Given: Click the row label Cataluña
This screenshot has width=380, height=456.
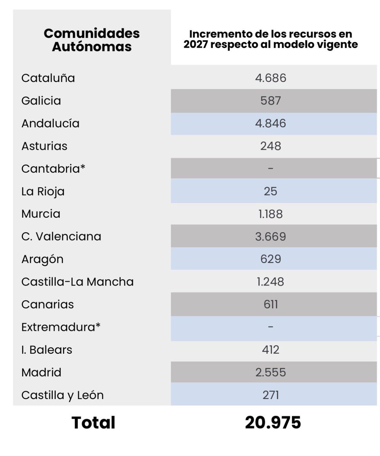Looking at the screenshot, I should (48, 78).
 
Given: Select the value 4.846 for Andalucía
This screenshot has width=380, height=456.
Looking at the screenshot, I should (270, 123).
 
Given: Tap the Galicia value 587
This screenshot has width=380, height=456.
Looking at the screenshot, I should (270, 101).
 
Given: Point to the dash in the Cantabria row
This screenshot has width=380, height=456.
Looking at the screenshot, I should (270, 168).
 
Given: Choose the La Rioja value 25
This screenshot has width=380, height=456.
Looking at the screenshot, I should (270, 191).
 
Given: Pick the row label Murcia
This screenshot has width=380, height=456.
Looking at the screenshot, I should (41, 214).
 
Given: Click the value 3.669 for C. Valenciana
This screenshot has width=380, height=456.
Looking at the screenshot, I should (270, 236).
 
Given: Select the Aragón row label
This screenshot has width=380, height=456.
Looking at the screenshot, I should (42, 259).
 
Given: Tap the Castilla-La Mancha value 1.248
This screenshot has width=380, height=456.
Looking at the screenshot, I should (270, 282).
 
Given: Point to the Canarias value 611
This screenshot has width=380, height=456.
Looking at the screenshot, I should (270, 304).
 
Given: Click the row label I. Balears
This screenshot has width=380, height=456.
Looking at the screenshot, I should (47, 350).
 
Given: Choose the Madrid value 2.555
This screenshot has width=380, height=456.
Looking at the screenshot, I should (270, 372).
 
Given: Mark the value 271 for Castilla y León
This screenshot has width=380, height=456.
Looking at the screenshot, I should (270, 395).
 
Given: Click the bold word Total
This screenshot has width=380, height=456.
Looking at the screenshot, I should (93, 423).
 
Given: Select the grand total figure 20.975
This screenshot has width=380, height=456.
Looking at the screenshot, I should (273, 423).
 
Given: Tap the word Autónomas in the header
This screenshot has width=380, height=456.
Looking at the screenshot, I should (92, 47).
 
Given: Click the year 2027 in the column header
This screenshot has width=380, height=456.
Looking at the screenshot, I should (196, 44).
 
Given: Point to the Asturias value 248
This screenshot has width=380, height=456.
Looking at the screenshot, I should (270, 146).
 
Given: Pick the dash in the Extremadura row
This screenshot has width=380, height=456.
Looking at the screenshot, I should (270, 327).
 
